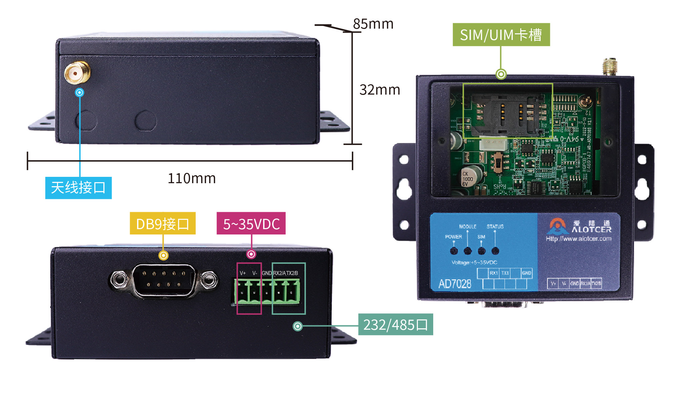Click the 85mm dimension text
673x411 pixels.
click(373, 24)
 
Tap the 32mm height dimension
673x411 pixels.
click(380, 90)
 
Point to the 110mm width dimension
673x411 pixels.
click(191, 179)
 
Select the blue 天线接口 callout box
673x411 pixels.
click(78, 188)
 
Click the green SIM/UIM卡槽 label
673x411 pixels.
click(501, 35)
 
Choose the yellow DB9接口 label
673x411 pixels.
click(162, 223)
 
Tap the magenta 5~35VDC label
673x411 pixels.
click(251, 223)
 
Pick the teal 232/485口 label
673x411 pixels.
click(396, 324)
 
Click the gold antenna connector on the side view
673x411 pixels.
click(77, 72)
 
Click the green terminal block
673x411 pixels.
click(267, 292)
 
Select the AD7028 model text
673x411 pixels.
click(455, 284)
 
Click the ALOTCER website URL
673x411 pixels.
click(579, 238)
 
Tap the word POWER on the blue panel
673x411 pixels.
click(453, 237)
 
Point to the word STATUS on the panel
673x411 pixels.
click(495, 226)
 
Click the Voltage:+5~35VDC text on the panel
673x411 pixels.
click(474, 262)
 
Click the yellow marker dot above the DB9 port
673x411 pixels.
click(163, 255)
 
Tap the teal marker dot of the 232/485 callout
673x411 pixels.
click(297, 326)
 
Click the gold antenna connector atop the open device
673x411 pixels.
click(610, 66)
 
